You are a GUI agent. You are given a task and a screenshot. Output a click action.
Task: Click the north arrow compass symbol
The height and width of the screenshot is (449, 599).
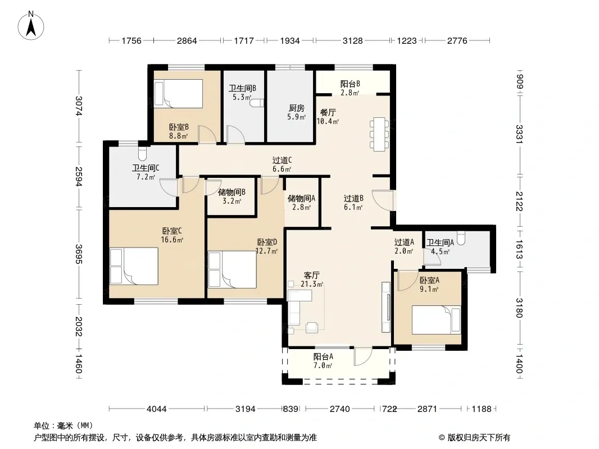tap(31, 26)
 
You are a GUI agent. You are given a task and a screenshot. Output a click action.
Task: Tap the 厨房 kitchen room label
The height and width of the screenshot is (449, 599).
tap(297, 108)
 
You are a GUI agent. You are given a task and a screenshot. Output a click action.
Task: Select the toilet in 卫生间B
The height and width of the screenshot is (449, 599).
tap(257, 103)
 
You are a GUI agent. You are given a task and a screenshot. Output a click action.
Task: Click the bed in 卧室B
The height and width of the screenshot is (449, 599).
tap(178, 94)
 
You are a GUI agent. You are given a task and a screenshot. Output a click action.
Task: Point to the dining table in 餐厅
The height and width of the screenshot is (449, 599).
tap(379, 134)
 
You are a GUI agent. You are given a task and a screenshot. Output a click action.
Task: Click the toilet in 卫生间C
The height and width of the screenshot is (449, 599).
tap(142, 154)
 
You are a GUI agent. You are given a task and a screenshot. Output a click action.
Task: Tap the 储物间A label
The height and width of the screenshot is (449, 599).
tap(301, 198)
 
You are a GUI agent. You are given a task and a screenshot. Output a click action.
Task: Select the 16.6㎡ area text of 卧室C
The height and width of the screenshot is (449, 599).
tap(172, 240)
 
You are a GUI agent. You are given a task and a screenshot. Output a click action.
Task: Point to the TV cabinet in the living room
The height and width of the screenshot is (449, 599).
tap(386, 307)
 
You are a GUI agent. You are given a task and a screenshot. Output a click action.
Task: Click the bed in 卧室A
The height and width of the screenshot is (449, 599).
tap(436, 320)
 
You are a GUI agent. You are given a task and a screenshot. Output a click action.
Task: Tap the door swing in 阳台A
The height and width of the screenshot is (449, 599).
tap(362, 357)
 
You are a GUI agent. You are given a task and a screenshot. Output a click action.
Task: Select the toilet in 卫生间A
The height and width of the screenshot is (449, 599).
tap(461, 237)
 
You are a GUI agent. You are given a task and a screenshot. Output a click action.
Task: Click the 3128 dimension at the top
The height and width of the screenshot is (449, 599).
tap(352, 41)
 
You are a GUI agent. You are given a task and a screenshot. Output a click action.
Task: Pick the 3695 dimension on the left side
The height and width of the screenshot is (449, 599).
tap(78, 254)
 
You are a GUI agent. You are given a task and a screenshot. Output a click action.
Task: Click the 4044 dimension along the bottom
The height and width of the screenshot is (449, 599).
tap(157, 409)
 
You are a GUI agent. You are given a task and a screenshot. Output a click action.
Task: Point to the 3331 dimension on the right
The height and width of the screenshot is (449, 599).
tap(519, 134)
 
